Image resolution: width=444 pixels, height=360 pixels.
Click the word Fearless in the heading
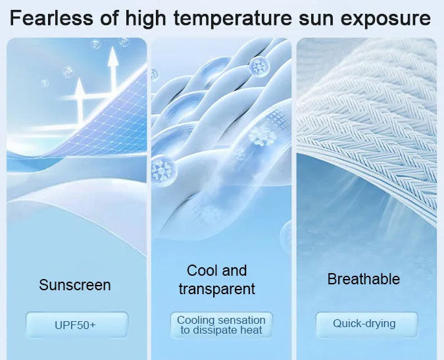pyautogui.click(x=51, y=18)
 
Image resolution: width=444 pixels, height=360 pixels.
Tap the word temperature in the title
pyautogui.click(x=232, y=18)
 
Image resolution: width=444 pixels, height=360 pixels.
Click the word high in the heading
pyautogui.click(x=145, y=18)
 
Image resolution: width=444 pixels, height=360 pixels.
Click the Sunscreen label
pyautogui.click(x=75, y=285)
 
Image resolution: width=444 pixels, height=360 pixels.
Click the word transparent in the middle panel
pyautogui.click(x=217, y=289)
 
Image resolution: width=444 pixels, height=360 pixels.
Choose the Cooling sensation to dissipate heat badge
pyautogui.click(x=222, y=325)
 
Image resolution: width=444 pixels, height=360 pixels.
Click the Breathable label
pyautogui.click(x=364, y=279)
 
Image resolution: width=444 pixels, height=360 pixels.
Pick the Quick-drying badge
pyautogui.click(x=366, y=325)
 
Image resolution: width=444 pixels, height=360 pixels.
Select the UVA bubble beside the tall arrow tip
pyautogui.click(x=124, y=43)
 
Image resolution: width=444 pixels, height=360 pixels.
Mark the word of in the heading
pyautogui.click(x=109, y=18)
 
